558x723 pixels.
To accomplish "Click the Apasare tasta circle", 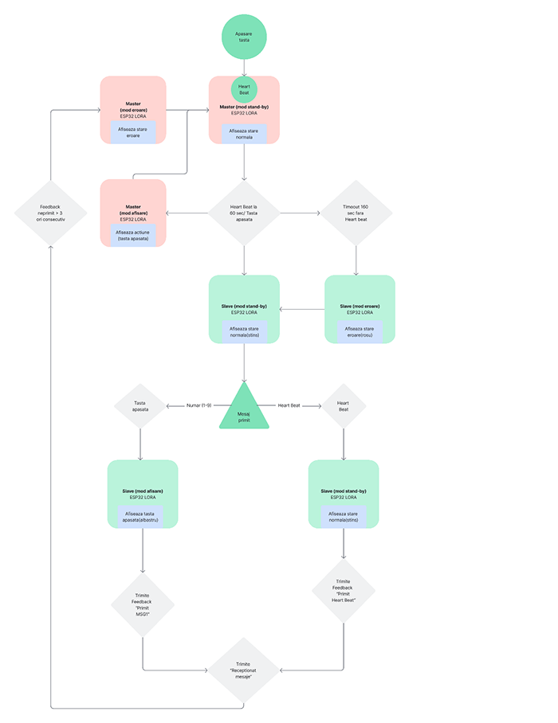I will click(x=243, y=37).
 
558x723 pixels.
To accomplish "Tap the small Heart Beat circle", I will click(x=244, y=89).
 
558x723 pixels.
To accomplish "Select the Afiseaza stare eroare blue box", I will click(x=133, y=132).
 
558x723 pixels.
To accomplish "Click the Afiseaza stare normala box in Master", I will click(x=244, y=133).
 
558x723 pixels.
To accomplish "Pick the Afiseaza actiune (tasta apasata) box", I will click(x=133, y=235).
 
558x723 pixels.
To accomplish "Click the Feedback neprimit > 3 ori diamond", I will click(x=50, y=213).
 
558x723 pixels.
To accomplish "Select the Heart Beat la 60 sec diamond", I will click(x=244, y=213).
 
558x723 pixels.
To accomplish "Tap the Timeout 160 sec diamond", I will click(x=356, y=213).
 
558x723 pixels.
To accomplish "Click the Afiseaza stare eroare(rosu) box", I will click(x=360, y=331).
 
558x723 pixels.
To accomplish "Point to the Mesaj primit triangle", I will click(x=244, y=410).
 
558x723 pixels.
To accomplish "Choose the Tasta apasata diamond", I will click(x=140, y=406).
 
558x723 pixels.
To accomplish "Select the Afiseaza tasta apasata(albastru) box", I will click(x=140, y=517).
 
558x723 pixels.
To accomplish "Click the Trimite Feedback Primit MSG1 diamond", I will click(x=143, y=604).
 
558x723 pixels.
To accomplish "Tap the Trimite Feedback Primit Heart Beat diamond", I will click(x=344, y=591).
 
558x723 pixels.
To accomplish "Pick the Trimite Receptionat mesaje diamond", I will click(x=244, y=670).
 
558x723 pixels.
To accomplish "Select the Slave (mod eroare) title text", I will click(x=360, y=307).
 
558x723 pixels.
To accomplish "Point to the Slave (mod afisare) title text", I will click(x=143, y=491).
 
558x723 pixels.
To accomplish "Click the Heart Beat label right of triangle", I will click(x=289, y=405).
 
